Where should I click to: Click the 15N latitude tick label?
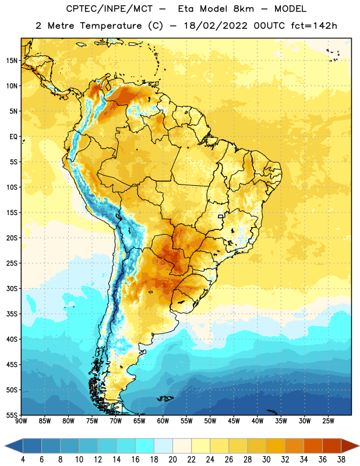click(x=12, y=61)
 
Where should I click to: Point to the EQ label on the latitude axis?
click(x=13, y=137)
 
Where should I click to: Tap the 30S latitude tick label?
click(x=12, y=288)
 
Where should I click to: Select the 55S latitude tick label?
click(x=12, y=415)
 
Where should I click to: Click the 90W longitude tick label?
click(x=21, y=421)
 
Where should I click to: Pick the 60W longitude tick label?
click(x=163, y=421)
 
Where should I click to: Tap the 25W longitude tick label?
click(x=328, y=421)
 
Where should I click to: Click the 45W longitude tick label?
click(x=234, y=421)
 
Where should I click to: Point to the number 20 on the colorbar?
click(x=172, y=460)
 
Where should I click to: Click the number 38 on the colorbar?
click(x=341, y=460)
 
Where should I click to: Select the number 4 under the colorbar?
click(x=23, y=460)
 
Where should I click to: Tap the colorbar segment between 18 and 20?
click(x=164, y=446)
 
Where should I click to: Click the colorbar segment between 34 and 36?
click(x=313, y=446)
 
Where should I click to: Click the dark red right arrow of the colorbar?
click(x=350, y=446)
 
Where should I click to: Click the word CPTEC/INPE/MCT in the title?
click(x=110, y=9)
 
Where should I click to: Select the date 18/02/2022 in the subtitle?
click(x=216, y=26)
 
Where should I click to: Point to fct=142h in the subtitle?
click(x=314, y=26)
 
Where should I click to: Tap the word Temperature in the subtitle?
click(x=111, y=26)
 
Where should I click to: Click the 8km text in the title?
click(x=243, y=9)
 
